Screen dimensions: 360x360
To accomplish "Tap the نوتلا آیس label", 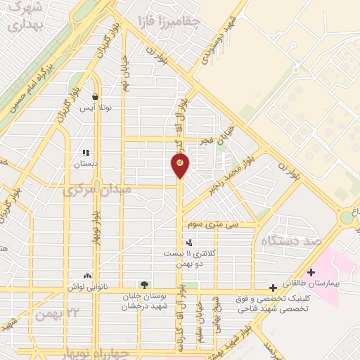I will pyautogui.click(x=94, y=108).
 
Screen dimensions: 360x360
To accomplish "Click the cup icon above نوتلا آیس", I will pyautogui.click(x=95, y=97).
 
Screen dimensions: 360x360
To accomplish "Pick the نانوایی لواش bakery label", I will pyautogui.click(x=87, y=288).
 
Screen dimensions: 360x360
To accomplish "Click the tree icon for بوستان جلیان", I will pyautogui.click(x=144, y=285).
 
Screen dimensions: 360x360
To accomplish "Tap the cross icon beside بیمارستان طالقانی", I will pyautogui.click(x=311, y=272).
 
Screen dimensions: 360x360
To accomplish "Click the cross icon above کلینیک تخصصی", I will pyautogui.click(x=273, y=287).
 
